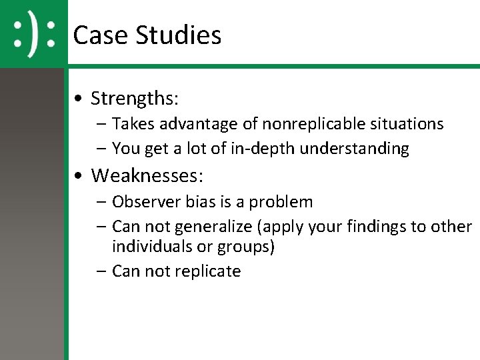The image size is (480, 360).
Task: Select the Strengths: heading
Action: click(135, 99)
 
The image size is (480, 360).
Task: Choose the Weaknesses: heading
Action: click(147, 176)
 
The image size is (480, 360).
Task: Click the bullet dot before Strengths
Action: click(79, 99)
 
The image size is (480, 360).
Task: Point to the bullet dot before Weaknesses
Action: click(79, 177)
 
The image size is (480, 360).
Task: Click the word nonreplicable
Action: click(309, 124)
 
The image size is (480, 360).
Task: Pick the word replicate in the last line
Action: click(209, 271)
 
